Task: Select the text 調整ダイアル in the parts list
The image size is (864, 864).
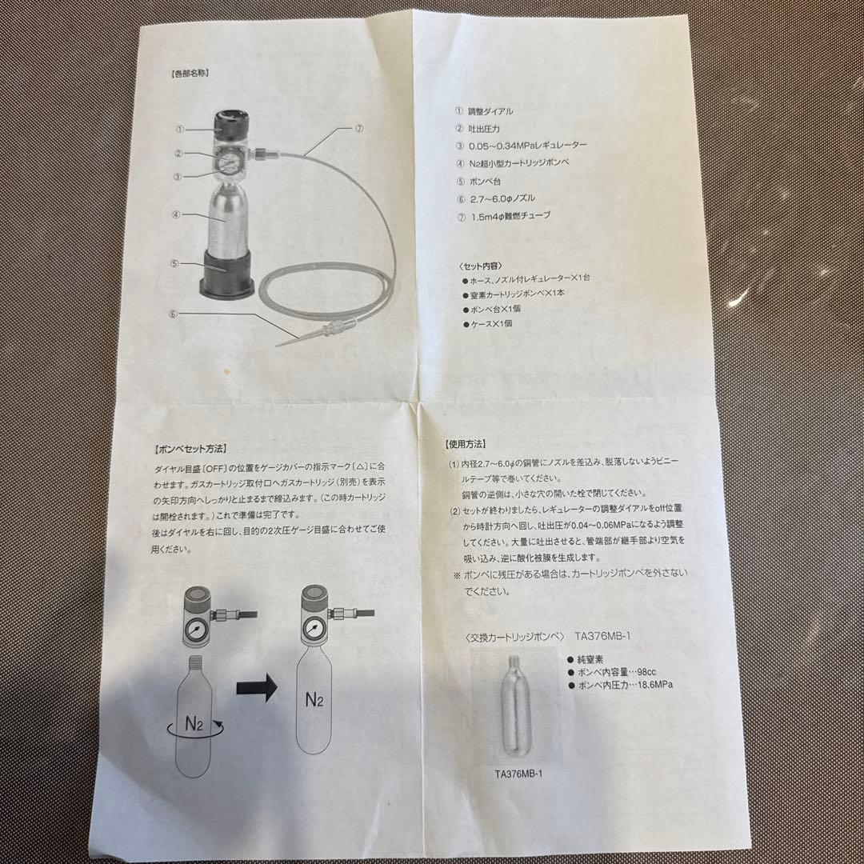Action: [x=490, y=112]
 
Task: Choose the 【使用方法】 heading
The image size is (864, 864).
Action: [x=466, y=443]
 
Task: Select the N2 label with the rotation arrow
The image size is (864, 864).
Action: [x=195, y=725]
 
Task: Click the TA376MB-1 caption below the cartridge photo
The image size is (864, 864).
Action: [x=524, y=773]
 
